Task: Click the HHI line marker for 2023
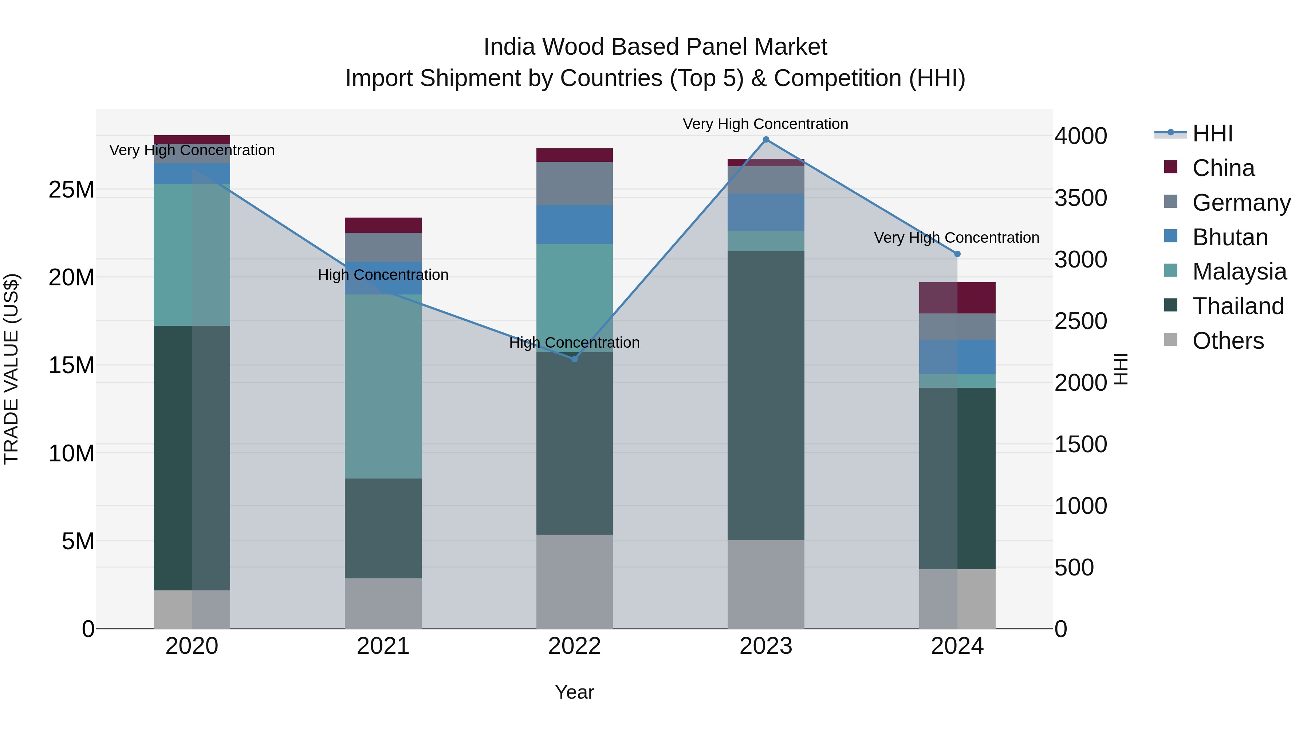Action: [765, 140]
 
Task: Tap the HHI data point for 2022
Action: [575, 359]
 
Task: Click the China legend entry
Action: [1223, 168]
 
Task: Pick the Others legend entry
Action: [1228, 341]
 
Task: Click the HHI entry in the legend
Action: [1212, 133]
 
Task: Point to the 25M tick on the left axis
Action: [71, 190]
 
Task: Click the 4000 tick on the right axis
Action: [1080, 136]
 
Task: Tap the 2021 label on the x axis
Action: [383, 646]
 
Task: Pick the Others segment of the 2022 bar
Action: [575, 581]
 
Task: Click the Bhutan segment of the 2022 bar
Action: [575, 224]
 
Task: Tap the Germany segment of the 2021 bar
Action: [383, 247]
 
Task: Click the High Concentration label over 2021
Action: [383, 275]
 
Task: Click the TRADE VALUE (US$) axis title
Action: [12, 369]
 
